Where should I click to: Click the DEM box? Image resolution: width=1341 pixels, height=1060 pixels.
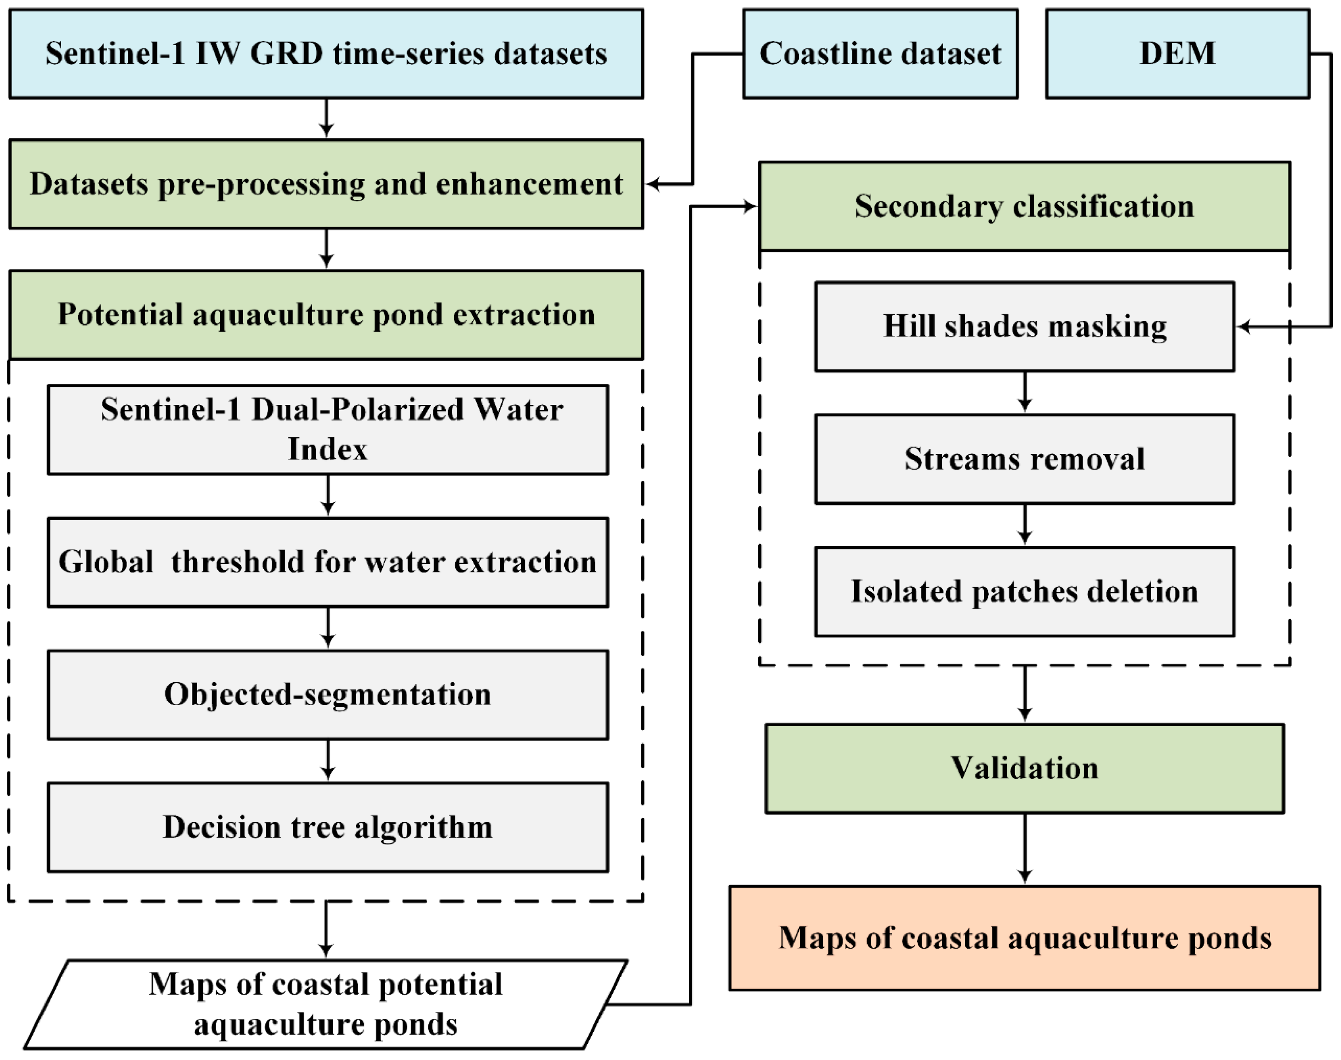pyautogui.click(x=1177, y=54)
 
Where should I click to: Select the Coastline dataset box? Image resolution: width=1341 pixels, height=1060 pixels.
pyautogui.click(x=880, y=54)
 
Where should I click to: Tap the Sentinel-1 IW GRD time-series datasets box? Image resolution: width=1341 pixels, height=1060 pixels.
pyautogui.click(x=326, y=54)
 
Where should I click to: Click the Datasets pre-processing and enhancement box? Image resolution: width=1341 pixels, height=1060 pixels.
pyautogui.click(x=326, y=184)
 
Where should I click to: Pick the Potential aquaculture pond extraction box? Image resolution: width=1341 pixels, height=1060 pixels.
pyautogui.click(x=326, y=315)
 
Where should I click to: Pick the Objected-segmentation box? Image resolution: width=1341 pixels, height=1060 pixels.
pyautogui.click(x=328, y=694)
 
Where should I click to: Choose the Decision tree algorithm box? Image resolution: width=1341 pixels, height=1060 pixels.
pyautogui.click(x=328, y=827)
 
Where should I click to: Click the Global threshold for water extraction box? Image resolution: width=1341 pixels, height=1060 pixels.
pyautogui.click(x=328, y=562)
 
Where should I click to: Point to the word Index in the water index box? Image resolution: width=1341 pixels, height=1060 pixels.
pyautogui.click(x=328, y=449)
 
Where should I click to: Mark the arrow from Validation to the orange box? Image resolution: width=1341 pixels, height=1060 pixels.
pyautogui.click(x=1025, y=849)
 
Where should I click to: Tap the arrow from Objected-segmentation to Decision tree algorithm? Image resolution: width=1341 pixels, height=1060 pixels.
pyautogui.click(x=328, y=761)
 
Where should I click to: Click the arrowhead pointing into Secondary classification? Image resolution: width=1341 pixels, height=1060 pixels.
pyautogui.click(x=750, y=207)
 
